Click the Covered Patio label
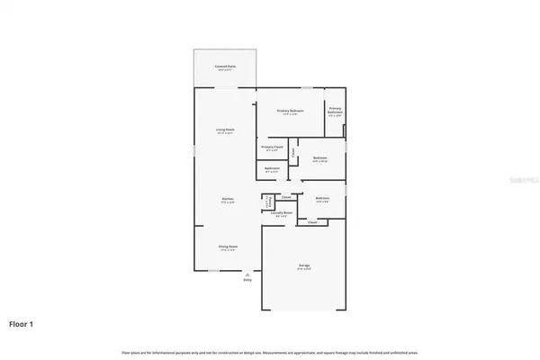(x=225, y=67)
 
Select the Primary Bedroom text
(x=290, y=111)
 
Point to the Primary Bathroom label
(x=335, y=112)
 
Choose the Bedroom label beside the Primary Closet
(x=320, y=158)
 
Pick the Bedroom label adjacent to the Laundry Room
(x=321, y=198)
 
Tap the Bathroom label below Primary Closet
(x=272, y=168)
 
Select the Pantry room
(x=267, y=201)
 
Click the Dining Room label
(x=228, y=247)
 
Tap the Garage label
(x=305, y=266)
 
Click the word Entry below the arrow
(x=247, y=281)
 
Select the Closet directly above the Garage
(x=312, y=220)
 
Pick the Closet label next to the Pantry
(x=286, y=197)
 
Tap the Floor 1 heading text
(x=22, y=323)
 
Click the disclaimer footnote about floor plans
(x=270, y=352)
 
